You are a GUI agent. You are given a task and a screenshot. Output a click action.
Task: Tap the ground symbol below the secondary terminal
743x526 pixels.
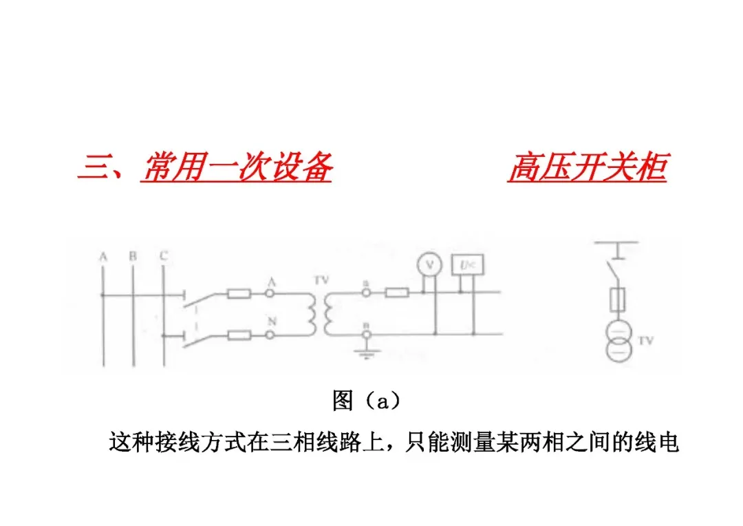(x=367, y=353)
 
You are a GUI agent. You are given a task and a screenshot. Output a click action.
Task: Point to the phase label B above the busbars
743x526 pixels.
(x=133, y=256)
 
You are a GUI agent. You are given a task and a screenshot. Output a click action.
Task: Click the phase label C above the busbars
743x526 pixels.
(x=163, y=256)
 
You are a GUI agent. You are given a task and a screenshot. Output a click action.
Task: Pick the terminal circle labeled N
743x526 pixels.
(x=270, y=335)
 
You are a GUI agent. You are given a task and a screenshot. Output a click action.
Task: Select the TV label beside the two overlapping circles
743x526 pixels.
(x=646, y=339)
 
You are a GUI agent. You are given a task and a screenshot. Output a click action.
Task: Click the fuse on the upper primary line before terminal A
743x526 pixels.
(x=239, y=294)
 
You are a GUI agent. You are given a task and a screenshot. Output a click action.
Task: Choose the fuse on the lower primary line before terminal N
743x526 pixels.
(x=239, y=335)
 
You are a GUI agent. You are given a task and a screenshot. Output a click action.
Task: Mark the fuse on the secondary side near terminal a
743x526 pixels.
(x=397, y=294)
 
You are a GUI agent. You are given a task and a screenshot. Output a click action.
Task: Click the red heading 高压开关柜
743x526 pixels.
(x=588, y=168)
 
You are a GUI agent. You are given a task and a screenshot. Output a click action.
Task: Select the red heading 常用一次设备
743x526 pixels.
(x=237, y=168)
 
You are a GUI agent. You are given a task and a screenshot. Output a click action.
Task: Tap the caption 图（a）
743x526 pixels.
(x=366, y=401)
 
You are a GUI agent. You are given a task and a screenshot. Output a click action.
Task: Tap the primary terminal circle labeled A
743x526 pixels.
(x=270, y=294)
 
